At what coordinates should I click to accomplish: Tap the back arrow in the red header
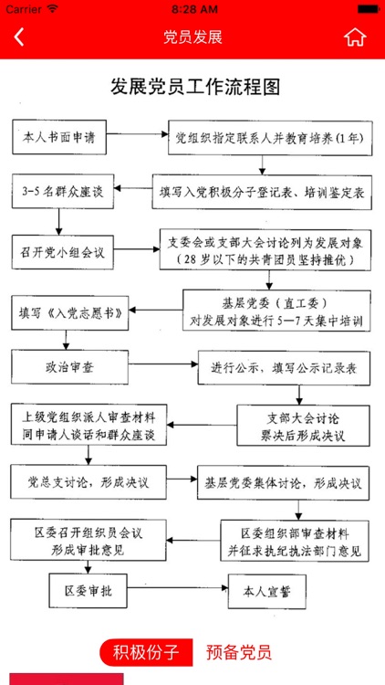point(19,37)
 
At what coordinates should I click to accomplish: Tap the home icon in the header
point(355,37)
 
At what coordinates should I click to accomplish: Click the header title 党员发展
point(192,37)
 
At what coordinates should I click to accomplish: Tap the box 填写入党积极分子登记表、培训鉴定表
point(264,194)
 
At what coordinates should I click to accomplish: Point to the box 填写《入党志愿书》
point(71,311)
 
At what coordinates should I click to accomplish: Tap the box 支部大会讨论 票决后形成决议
point(303,427)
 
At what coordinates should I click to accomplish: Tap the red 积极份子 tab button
point(146,652)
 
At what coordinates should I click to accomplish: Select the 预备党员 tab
point(238,652)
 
